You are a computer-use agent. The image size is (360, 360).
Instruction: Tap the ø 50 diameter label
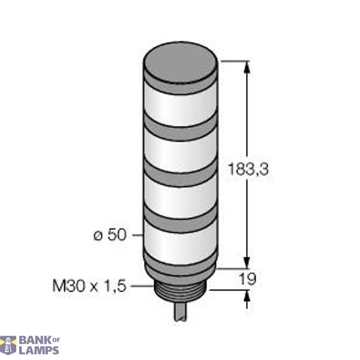pos(110,235)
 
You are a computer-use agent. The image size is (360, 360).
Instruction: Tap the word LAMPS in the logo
pos(38,350)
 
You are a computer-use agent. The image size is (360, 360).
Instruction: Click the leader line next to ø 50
pos(137,235)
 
